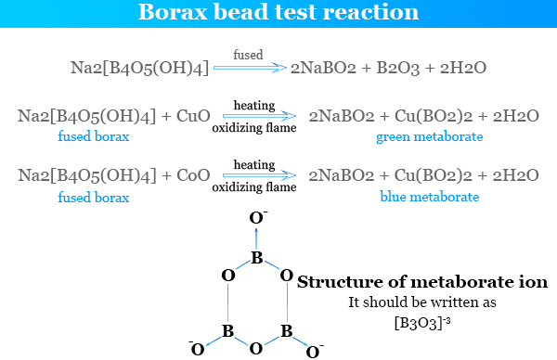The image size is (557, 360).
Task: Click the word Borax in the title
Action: (173, 12)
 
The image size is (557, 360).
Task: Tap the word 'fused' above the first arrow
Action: (248, 55)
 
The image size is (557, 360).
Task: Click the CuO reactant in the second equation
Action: (193, 116)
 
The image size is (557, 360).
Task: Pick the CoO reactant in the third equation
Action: (193, 175)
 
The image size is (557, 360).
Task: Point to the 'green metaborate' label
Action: (430, 137)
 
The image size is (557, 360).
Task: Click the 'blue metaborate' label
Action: (430, 197)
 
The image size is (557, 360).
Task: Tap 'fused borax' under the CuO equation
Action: (94, 136)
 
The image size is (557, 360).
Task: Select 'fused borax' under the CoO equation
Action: (94, 198)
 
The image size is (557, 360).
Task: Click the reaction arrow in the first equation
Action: (250, 68)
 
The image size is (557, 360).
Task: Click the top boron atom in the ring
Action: (257, 258)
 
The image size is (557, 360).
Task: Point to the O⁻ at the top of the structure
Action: (258, 217)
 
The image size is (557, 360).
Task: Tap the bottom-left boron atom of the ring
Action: (227, 331)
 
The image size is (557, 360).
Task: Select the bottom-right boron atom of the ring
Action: (287, 331)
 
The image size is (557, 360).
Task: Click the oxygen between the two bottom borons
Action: (256, 349)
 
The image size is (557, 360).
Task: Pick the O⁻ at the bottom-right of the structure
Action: (314, 352)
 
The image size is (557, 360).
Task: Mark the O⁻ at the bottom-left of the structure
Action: (197, 349)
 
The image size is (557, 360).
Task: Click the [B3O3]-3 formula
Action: (422, 323)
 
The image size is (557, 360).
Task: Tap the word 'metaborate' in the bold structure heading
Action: (462, 282)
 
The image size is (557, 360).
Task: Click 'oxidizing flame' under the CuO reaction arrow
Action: (254, 128)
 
